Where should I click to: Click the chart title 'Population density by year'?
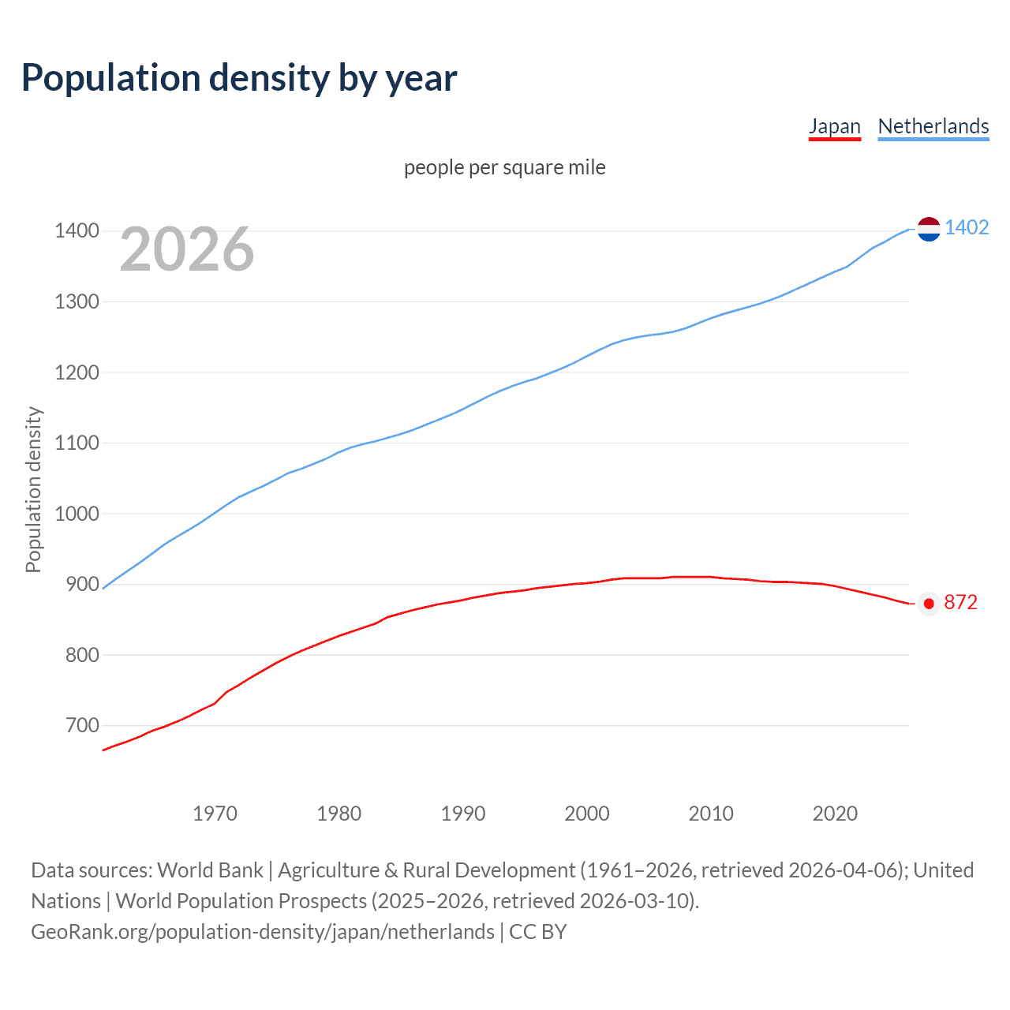pos(239,77)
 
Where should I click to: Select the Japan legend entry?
pos(835,126)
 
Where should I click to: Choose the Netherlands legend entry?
pos(933,126)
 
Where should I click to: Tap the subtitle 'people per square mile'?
pos(505,167)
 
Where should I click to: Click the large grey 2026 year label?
pos(187,249)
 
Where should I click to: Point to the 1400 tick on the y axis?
pos(77,231)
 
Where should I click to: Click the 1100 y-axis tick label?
pos(77,443)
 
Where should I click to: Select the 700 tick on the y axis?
pos(82,725)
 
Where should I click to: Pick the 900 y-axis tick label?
pos(82,585)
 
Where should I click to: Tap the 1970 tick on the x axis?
pos(215,814)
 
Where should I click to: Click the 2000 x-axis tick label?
pos(587,814)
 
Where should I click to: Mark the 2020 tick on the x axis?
pos(835,814)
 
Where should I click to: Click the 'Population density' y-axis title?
pos(33,489)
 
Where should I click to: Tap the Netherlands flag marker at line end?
pos(929,229)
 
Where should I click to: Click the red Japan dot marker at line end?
pos(929,604)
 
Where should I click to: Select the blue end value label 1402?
pos(967,228)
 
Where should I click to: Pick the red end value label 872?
pos(960,603)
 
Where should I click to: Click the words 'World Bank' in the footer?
pos(210,870)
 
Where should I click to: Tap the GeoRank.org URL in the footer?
pos(263,932)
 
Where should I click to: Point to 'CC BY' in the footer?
pos(538,932)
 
